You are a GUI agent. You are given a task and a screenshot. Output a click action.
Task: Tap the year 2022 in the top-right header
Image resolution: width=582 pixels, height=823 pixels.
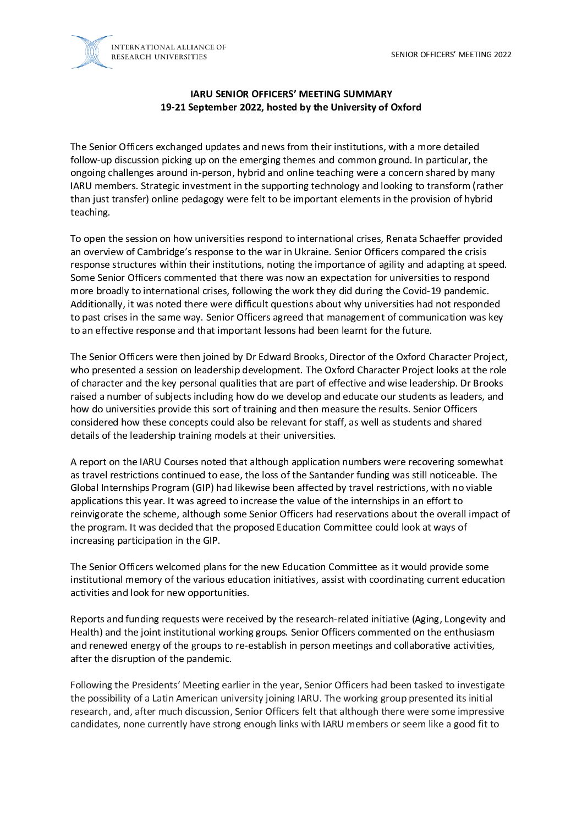503,54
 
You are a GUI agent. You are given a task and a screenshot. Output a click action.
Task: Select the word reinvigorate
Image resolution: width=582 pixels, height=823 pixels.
97,514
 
